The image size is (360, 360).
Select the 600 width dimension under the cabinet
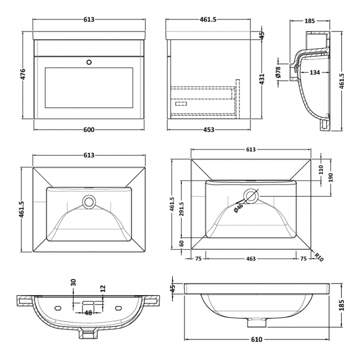(x=89, y=130)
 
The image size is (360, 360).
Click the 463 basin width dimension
(x=251, y=259)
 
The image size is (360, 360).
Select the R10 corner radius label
(x=320, y=256)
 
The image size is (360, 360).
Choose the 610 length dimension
(x=257, y=339)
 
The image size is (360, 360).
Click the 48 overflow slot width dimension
(x=88, y=313)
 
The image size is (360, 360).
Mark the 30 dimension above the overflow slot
(x=73, y=283)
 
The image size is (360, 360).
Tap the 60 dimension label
(x=181, y=243)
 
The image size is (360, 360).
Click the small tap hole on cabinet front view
(x=89, y=63)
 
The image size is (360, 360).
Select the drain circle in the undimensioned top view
(x=89, y=202)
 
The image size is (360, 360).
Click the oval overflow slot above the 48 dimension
(x=89, y=304)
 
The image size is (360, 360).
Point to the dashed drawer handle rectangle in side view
(x=181, y=103)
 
